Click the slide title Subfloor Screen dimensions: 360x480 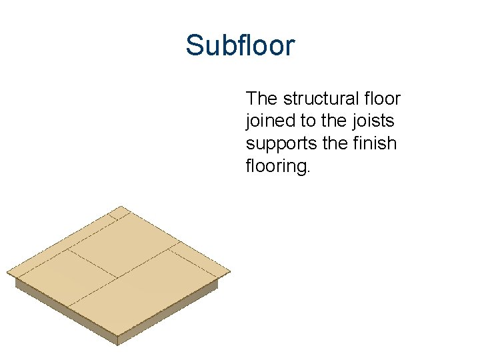pos(240,46)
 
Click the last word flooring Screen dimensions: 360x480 pos(278,166)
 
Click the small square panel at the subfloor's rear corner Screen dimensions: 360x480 pos(120,213)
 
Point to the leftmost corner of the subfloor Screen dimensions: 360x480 pos(9,273)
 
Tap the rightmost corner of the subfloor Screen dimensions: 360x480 pos(228,271)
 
